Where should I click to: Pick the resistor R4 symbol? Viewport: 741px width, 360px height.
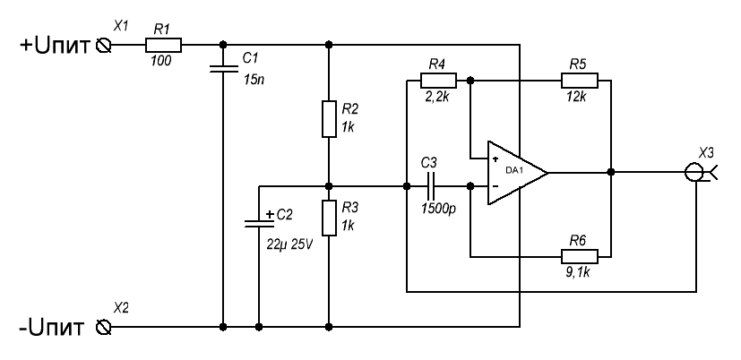[437, 81]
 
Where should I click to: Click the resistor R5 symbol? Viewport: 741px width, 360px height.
[578, 81]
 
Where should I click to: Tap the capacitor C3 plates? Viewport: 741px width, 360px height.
[431, 186]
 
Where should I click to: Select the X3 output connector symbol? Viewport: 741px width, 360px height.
[694, 172]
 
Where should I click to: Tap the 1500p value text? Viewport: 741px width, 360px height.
[437, 212]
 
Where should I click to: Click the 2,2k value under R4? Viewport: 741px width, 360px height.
[437, 97]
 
